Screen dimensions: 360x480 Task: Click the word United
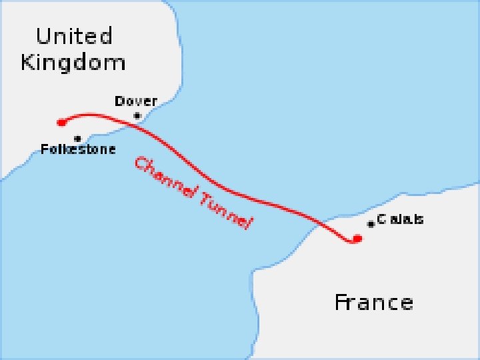point(74,35)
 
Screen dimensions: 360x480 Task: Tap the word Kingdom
point(73,63)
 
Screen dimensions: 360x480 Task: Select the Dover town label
point(136,101)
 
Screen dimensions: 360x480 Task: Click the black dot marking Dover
point(137,116)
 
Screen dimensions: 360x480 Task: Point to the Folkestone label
point(78,149)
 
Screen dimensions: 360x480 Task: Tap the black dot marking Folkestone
point(78,139)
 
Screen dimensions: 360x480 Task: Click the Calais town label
point(400,219)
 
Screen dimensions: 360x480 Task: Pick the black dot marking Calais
point(371,224)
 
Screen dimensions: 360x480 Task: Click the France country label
point(373,303)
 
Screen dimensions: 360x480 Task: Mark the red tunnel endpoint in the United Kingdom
point(61,122)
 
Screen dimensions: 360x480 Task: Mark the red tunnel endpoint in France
point(357,239)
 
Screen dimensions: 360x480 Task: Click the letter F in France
point(341,303)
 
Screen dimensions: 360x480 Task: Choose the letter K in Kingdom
point(28,63)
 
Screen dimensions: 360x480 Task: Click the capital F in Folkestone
point(45,149)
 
